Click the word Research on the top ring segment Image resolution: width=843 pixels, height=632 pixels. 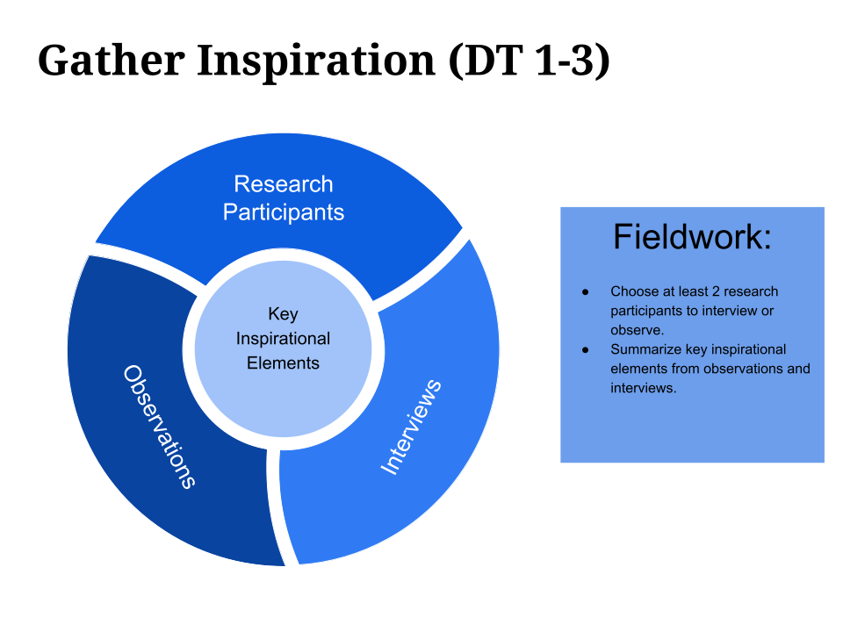point(283,184)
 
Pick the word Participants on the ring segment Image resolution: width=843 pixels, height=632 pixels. point(283,212)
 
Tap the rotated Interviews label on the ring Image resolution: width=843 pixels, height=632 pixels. point(410,427)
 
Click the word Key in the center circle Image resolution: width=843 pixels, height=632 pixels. point(283,314)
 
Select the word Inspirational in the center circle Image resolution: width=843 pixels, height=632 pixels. point(283,339)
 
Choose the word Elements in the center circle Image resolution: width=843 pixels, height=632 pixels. point(283,363)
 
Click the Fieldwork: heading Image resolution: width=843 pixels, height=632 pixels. point(692,237)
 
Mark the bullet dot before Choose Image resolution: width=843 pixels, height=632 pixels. point(585,291)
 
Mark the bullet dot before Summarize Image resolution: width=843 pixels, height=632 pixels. point(585,349)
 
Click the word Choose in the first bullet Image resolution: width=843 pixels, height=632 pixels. point(632,291)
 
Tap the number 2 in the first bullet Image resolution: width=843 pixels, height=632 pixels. point(711,291)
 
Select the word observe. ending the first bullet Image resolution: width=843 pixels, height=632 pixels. point(637,330)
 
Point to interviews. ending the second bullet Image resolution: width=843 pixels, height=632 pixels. point(644,388)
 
